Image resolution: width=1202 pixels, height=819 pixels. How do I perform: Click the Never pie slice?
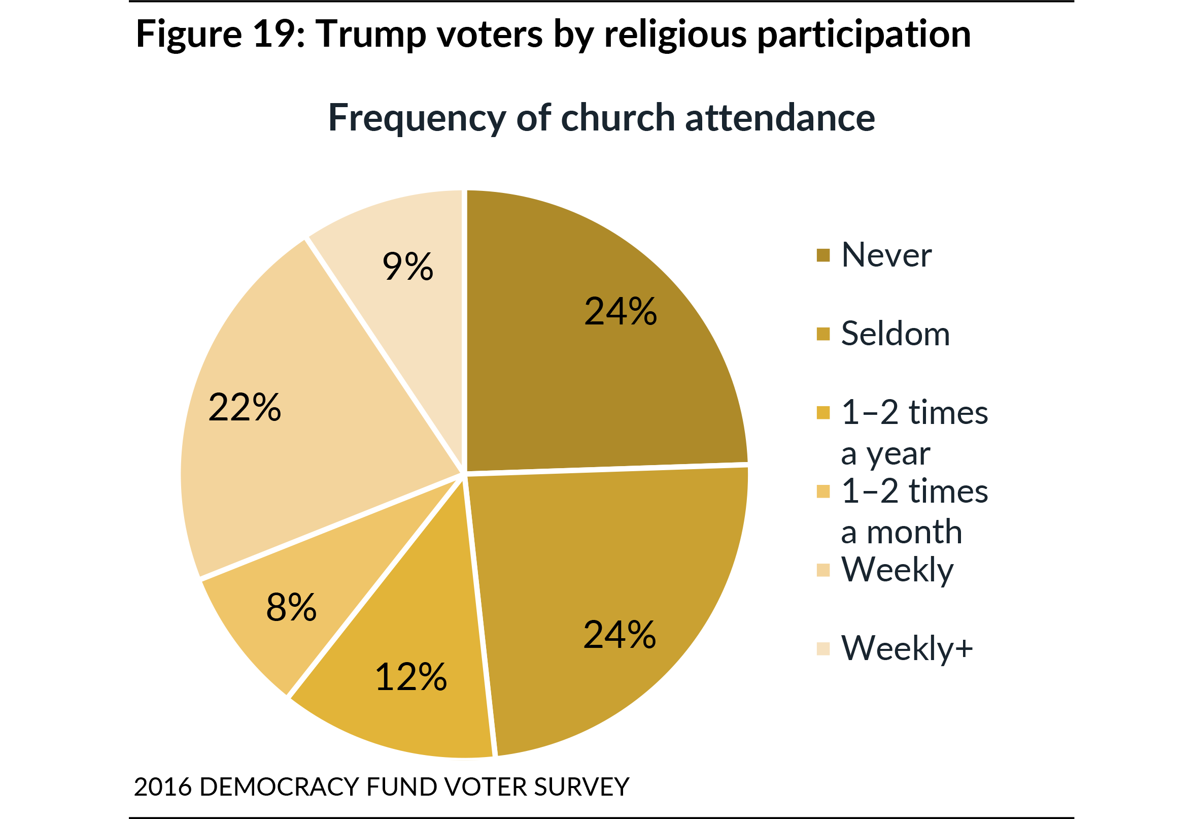[595, 363]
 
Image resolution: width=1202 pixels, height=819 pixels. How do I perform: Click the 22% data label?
[245, 407]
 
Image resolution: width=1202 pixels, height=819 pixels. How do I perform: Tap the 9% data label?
[407, 267]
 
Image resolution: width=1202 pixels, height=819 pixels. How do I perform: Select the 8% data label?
[291, 607]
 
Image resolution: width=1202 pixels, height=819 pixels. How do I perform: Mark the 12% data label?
[410, 677]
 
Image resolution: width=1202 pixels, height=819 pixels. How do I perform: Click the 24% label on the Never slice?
[620, 312]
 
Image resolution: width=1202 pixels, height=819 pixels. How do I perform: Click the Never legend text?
[886, 255]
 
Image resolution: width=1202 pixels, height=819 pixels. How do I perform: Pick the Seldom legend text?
[896, 334]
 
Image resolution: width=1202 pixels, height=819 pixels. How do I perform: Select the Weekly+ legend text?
[907, 648]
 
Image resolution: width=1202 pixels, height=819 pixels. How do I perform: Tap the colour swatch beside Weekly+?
[823, 649]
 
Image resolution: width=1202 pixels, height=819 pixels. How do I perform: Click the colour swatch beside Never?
[823, 255]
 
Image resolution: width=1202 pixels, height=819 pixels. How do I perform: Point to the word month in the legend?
[914, 532]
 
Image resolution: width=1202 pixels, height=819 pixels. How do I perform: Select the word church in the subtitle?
[617, 118]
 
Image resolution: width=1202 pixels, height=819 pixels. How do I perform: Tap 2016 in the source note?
[163, 787]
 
